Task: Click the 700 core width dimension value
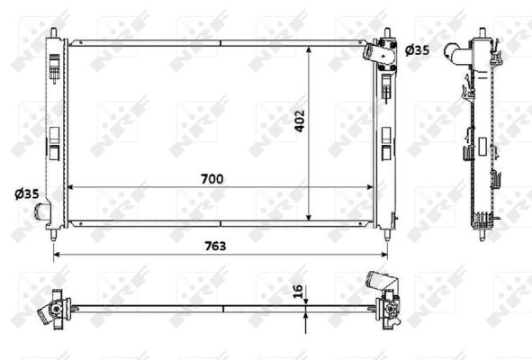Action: [212, 179]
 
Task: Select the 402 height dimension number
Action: [301, 121]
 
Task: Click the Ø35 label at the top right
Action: [417, 50]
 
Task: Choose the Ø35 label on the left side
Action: [26, 193]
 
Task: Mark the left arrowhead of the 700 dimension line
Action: [71, 187]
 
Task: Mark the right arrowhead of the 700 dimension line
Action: [372, 187]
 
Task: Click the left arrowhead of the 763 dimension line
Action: [59, 254]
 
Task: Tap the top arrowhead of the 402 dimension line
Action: [310, 45]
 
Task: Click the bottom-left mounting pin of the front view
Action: [55, 234]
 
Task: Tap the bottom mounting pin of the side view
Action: [482, 235]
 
